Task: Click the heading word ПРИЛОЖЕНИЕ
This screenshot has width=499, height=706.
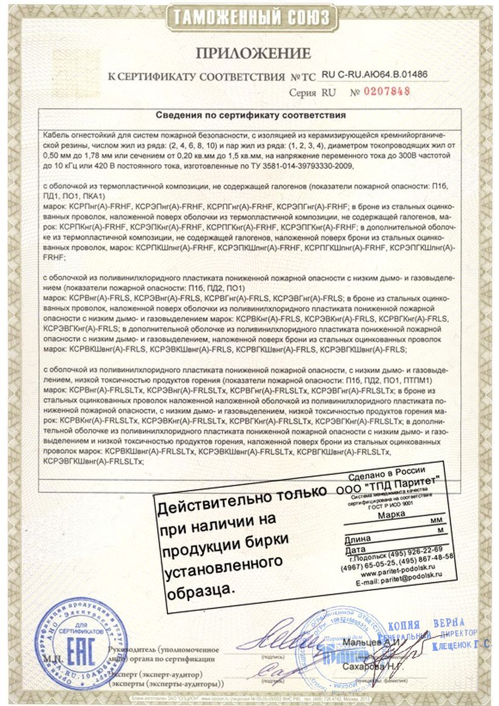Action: click(250, 53)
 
